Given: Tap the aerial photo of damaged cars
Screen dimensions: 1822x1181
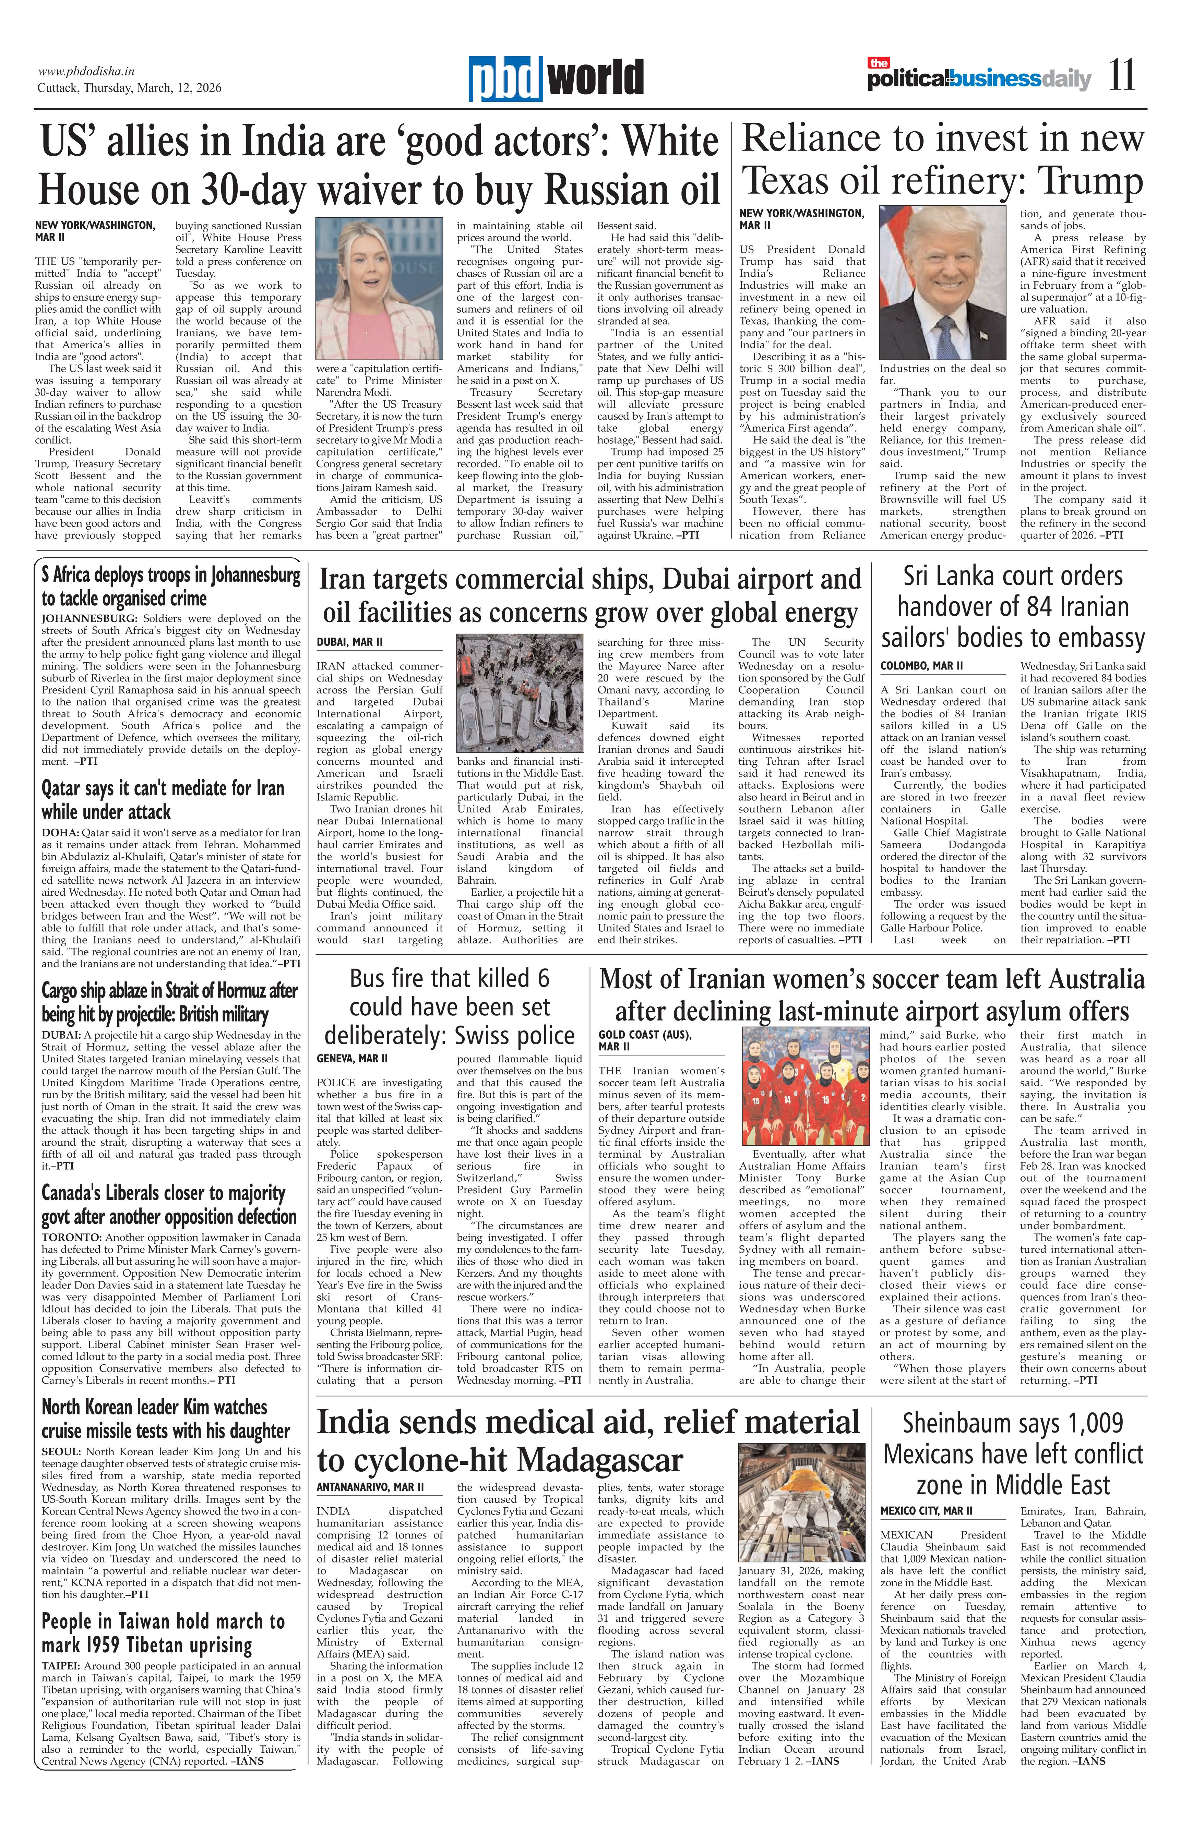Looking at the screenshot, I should pyautogui.click(x=520, y=693).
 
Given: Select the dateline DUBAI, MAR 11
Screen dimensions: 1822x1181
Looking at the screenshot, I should pyautogui.click(x=349, y=641).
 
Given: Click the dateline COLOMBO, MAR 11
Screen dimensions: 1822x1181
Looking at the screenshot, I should pyautogui.click(x=921, y=665).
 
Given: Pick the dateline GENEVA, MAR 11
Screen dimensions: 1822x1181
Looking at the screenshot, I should pyautogui.click(x=352, y=1058).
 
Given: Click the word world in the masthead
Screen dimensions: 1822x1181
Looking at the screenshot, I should pyautogui.click(x=597, y=79).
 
